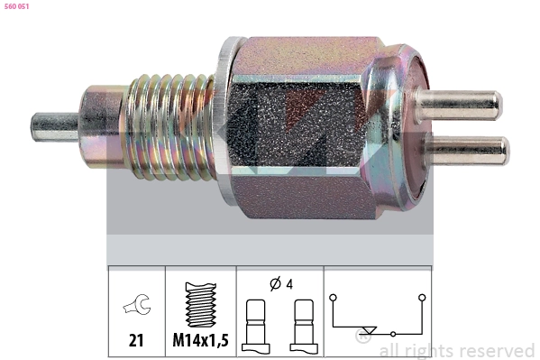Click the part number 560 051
(x=16, y=6)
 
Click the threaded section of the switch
(x=170, y=127)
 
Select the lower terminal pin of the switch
(x=466, y=151)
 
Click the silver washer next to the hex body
(x=226, y=121)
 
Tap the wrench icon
(x=137, y=305)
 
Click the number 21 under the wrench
(x=136, y=340)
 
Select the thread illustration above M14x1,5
(x=201, y=305)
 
